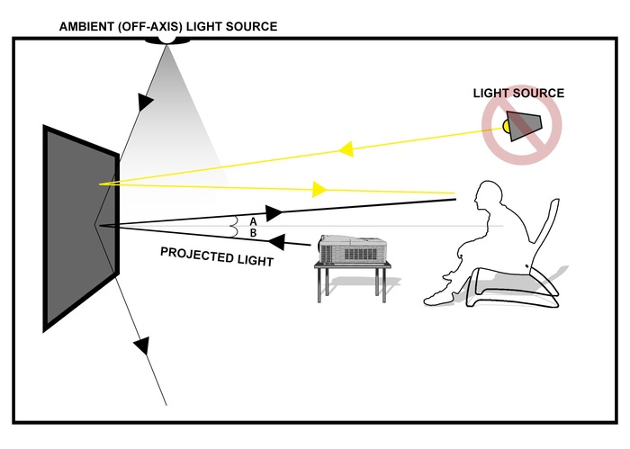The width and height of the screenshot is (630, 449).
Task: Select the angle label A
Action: pyautogui.click(x=253, y=220)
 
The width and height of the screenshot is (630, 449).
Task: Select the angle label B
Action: pyautogui.click(x=253, y=232)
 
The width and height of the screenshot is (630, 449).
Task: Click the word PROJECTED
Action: pyautogui.click(x=194, y=252)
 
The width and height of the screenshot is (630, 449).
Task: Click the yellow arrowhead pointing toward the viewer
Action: pyautogui.click(x=318, y=189)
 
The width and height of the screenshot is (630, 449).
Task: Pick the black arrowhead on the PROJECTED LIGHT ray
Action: pyautogui.click(x=277, y=241)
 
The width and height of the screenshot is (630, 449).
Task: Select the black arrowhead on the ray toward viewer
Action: pyautogui.click(x=274, y=212)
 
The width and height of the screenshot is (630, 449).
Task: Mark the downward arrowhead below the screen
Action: pyautogui.click(x=140, y=345)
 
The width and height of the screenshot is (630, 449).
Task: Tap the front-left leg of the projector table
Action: pyautogui.click(x=322, y=286)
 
